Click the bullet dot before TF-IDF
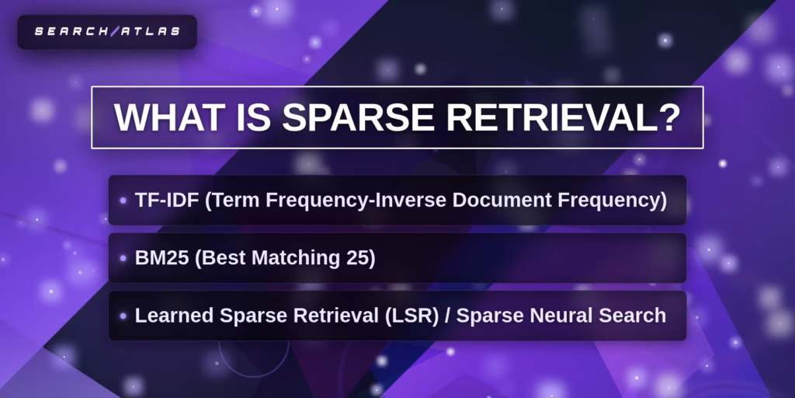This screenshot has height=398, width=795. coord(123,201)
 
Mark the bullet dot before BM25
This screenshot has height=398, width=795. coord(123,258)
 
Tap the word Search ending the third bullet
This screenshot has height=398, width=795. coord(637,316)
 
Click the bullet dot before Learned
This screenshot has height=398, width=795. coord(123,316)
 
